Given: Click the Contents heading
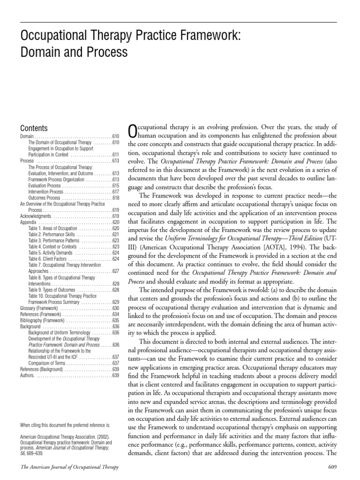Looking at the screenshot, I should [x=34, y=128].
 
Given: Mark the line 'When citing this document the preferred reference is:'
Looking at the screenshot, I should [x=65, y=425].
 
